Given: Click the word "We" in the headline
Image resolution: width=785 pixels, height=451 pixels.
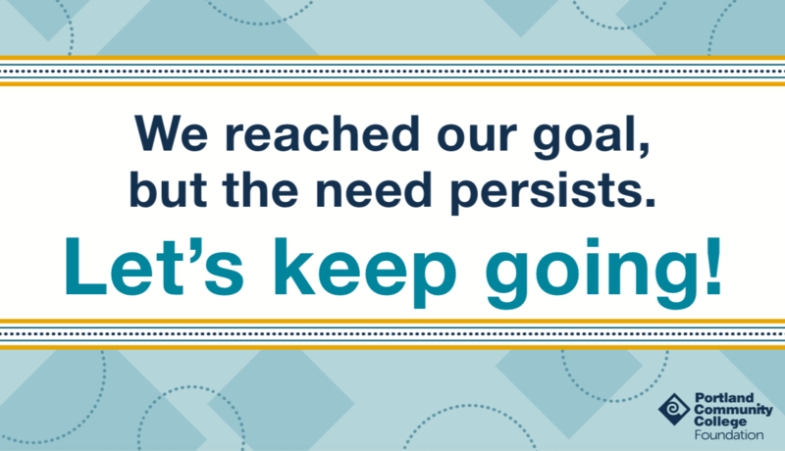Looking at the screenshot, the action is tap(171, 133).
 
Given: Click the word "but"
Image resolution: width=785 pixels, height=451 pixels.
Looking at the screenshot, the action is tap(168, 189).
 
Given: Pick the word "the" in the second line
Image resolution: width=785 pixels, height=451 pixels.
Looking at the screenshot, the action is tap(260, 189).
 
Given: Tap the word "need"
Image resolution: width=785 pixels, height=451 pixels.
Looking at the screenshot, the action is tap(374, 189).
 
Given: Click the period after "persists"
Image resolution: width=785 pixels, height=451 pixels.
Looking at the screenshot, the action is tap(650, 202).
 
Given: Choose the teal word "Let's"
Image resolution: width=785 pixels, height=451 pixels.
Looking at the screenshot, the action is tap(155, 268).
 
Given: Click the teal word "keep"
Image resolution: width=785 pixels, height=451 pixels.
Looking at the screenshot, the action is tap(365, 273).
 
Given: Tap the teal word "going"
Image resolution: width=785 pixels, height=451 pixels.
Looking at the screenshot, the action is tap(592, 273).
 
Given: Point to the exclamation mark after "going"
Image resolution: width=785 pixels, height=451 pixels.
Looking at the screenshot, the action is tap(713, 268).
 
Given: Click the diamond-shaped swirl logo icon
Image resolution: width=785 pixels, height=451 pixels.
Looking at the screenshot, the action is tap(674, 410).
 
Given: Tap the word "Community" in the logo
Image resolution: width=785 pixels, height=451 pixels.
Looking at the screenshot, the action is tap(733, 410).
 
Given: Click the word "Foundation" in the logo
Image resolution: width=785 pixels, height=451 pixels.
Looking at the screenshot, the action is tap(728, 435).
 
